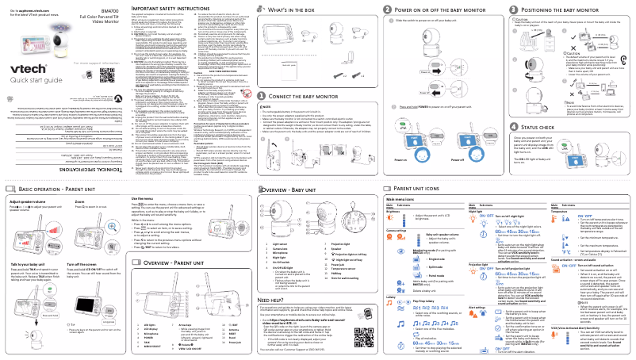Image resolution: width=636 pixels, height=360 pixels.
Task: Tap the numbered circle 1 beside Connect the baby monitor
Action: tap(328, 97)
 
